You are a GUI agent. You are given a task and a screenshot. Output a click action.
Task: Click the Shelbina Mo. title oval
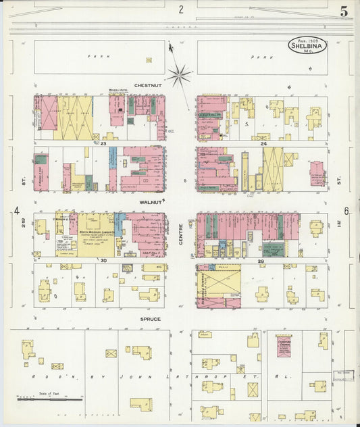307,45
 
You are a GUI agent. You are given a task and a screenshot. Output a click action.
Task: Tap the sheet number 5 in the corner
344,11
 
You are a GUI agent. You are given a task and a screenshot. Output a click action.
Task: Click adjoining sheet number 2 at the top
181,9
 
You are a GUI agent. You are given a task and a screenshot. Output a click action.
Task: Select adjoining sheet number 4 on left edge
16,211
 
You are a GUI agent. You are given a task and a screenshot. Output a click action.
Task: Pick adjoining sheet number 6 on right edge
346,211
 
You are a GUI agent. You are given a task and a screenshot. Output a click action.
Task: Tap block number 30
103,259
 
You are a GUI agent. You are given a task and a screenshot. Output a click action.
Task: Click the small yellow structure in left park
149,59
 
